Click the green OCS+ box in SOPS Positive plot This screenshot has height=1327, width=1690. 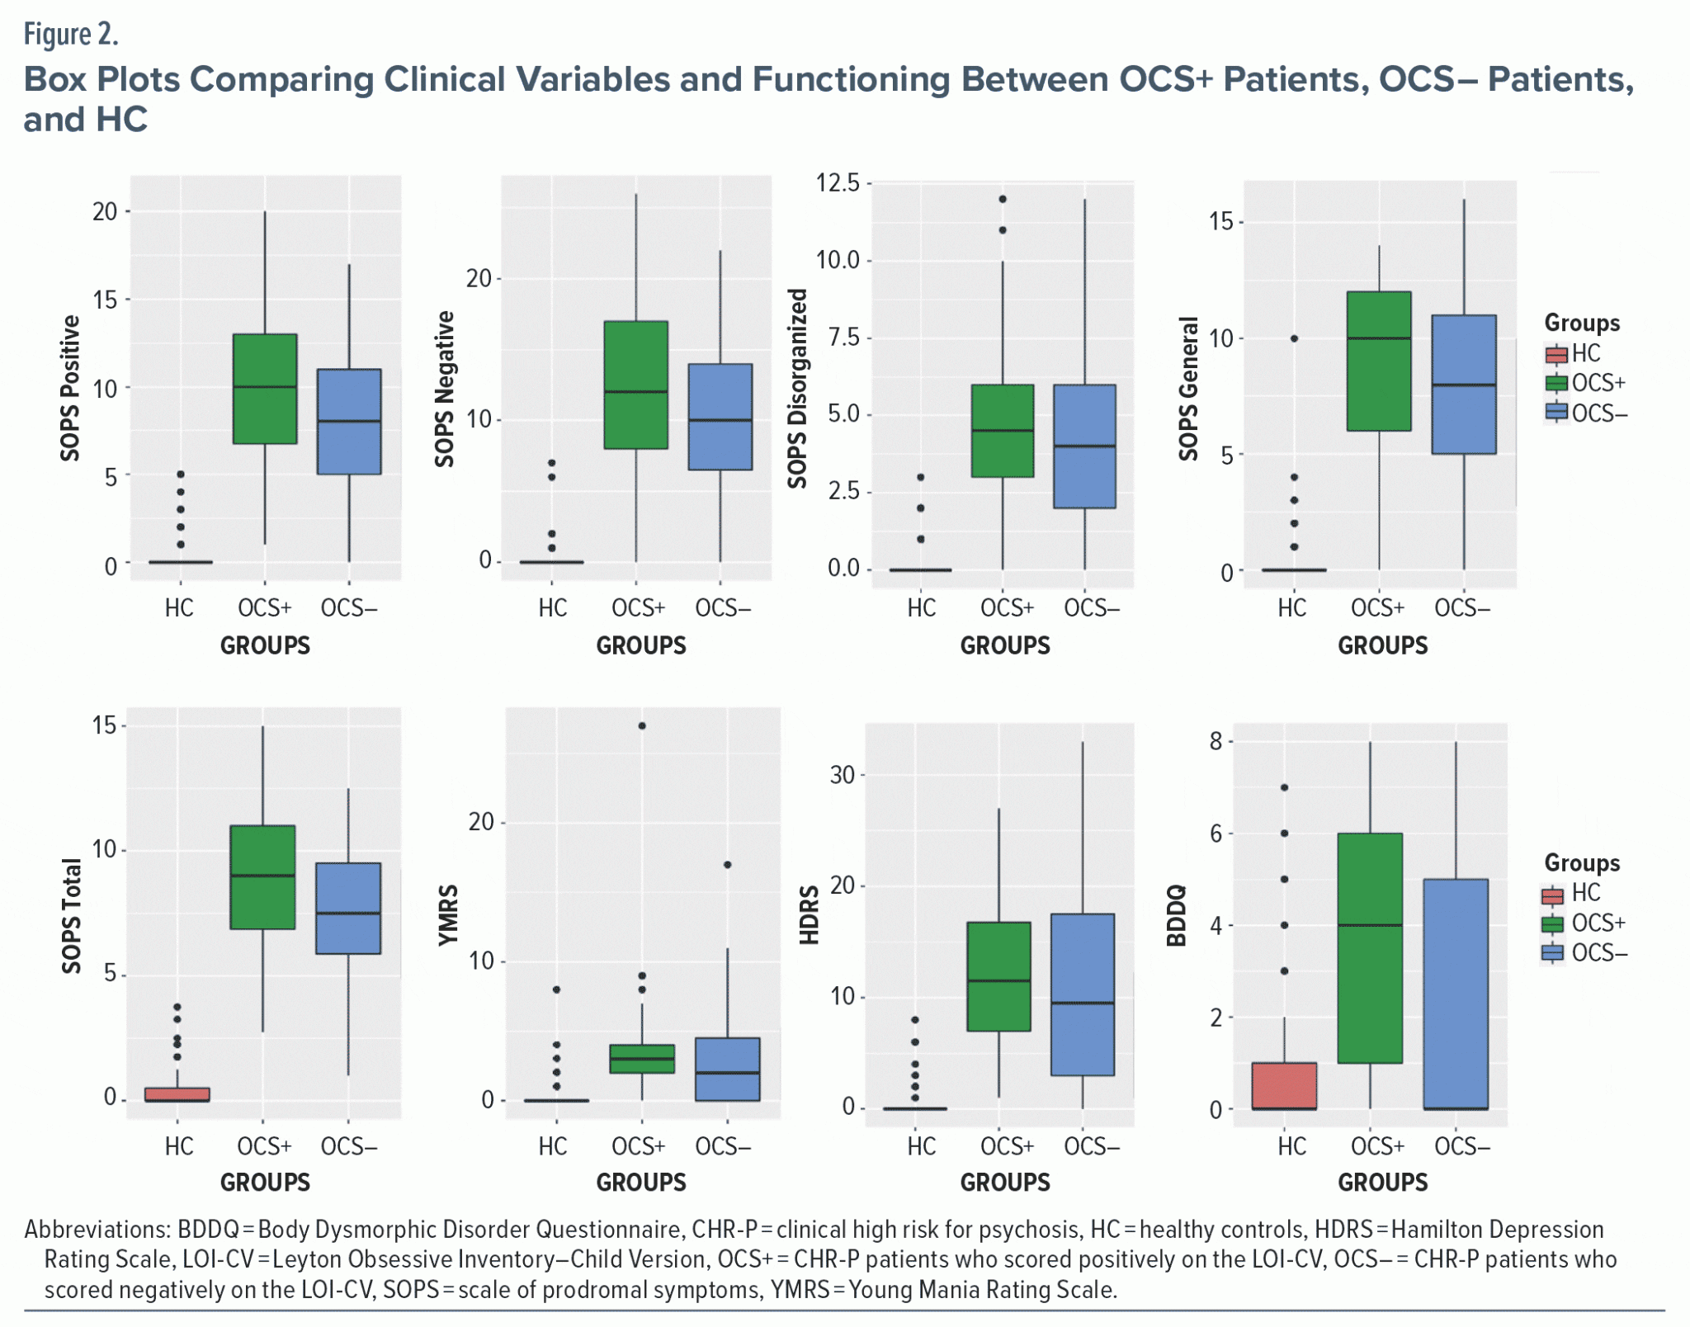265,389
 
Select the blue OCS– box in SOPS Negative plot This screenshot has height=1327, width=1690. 720,417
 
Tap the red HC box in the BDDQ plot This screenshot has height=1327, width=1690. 1284,1086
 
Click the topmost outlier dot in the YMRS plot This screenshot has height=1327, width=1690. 642,726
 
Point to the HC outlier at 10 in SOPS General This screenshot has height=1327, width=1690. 1294,338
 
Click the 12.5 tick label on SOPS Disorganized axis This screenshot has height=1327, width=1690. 838,182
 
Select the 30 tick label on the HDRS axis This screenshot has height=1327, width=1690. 843,775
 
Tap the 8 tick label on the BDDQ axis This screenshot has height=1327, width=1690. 1216,741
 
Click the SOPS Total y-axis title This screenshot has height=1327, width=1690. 72,916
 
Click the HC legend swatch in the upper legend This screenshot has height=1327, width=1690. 1556,355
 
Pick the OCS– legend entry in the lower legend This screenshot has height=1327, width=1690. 1584,953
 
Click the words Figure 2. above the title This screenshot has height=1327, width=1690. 71,35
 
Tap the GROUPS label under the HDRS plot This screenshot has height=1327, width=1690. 1004,1183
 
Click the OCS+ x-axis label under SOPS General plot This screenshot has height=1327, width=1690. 1377,608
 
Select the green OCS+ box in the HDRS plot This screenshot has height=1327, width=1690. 998,976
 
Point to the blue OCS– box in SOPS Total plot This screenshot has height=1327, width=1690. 348,909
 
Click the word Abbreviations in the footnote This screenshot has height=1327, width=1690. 97,1230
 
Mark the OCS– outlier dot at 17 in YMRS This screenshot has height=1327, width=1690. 727,865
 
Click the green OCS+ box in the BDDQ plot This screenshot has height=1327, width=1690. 1370,948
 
